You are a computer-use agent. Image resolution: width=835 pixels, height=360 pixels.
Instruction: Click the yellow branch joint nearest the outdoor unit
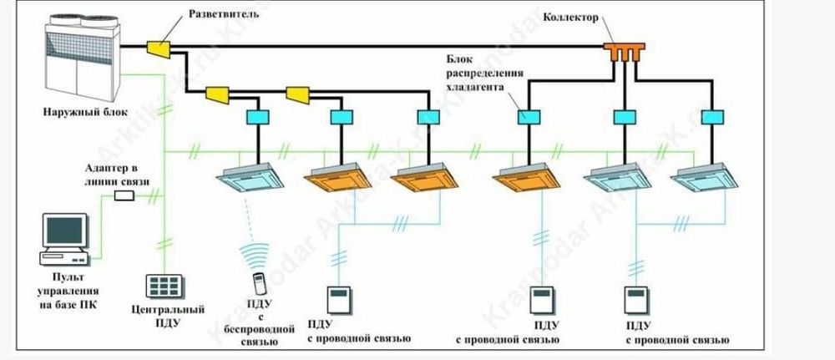point(159,49)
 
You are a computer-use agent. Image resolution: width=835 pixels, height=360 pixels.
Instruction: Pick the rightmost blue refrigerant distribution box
point(711,117)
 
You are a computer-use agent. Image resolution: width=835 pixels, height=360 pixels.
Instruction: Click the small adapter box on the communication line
point(124,195)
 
